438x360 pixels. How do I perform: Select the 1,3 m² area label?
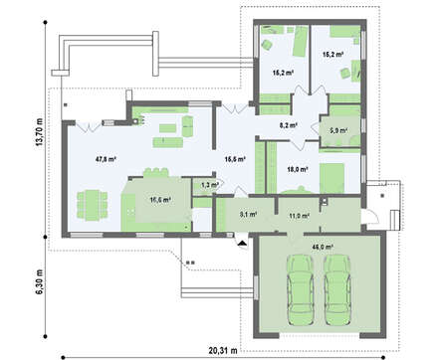point(209,185)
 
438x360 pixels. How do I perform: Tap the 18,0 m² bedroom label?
point(296,169)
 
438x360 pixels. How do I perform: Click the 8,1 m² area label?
point(249,213)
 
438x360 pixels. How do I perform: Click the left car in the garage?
point(300,285)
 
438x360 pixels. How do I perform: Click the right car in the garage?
point(338,285)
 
